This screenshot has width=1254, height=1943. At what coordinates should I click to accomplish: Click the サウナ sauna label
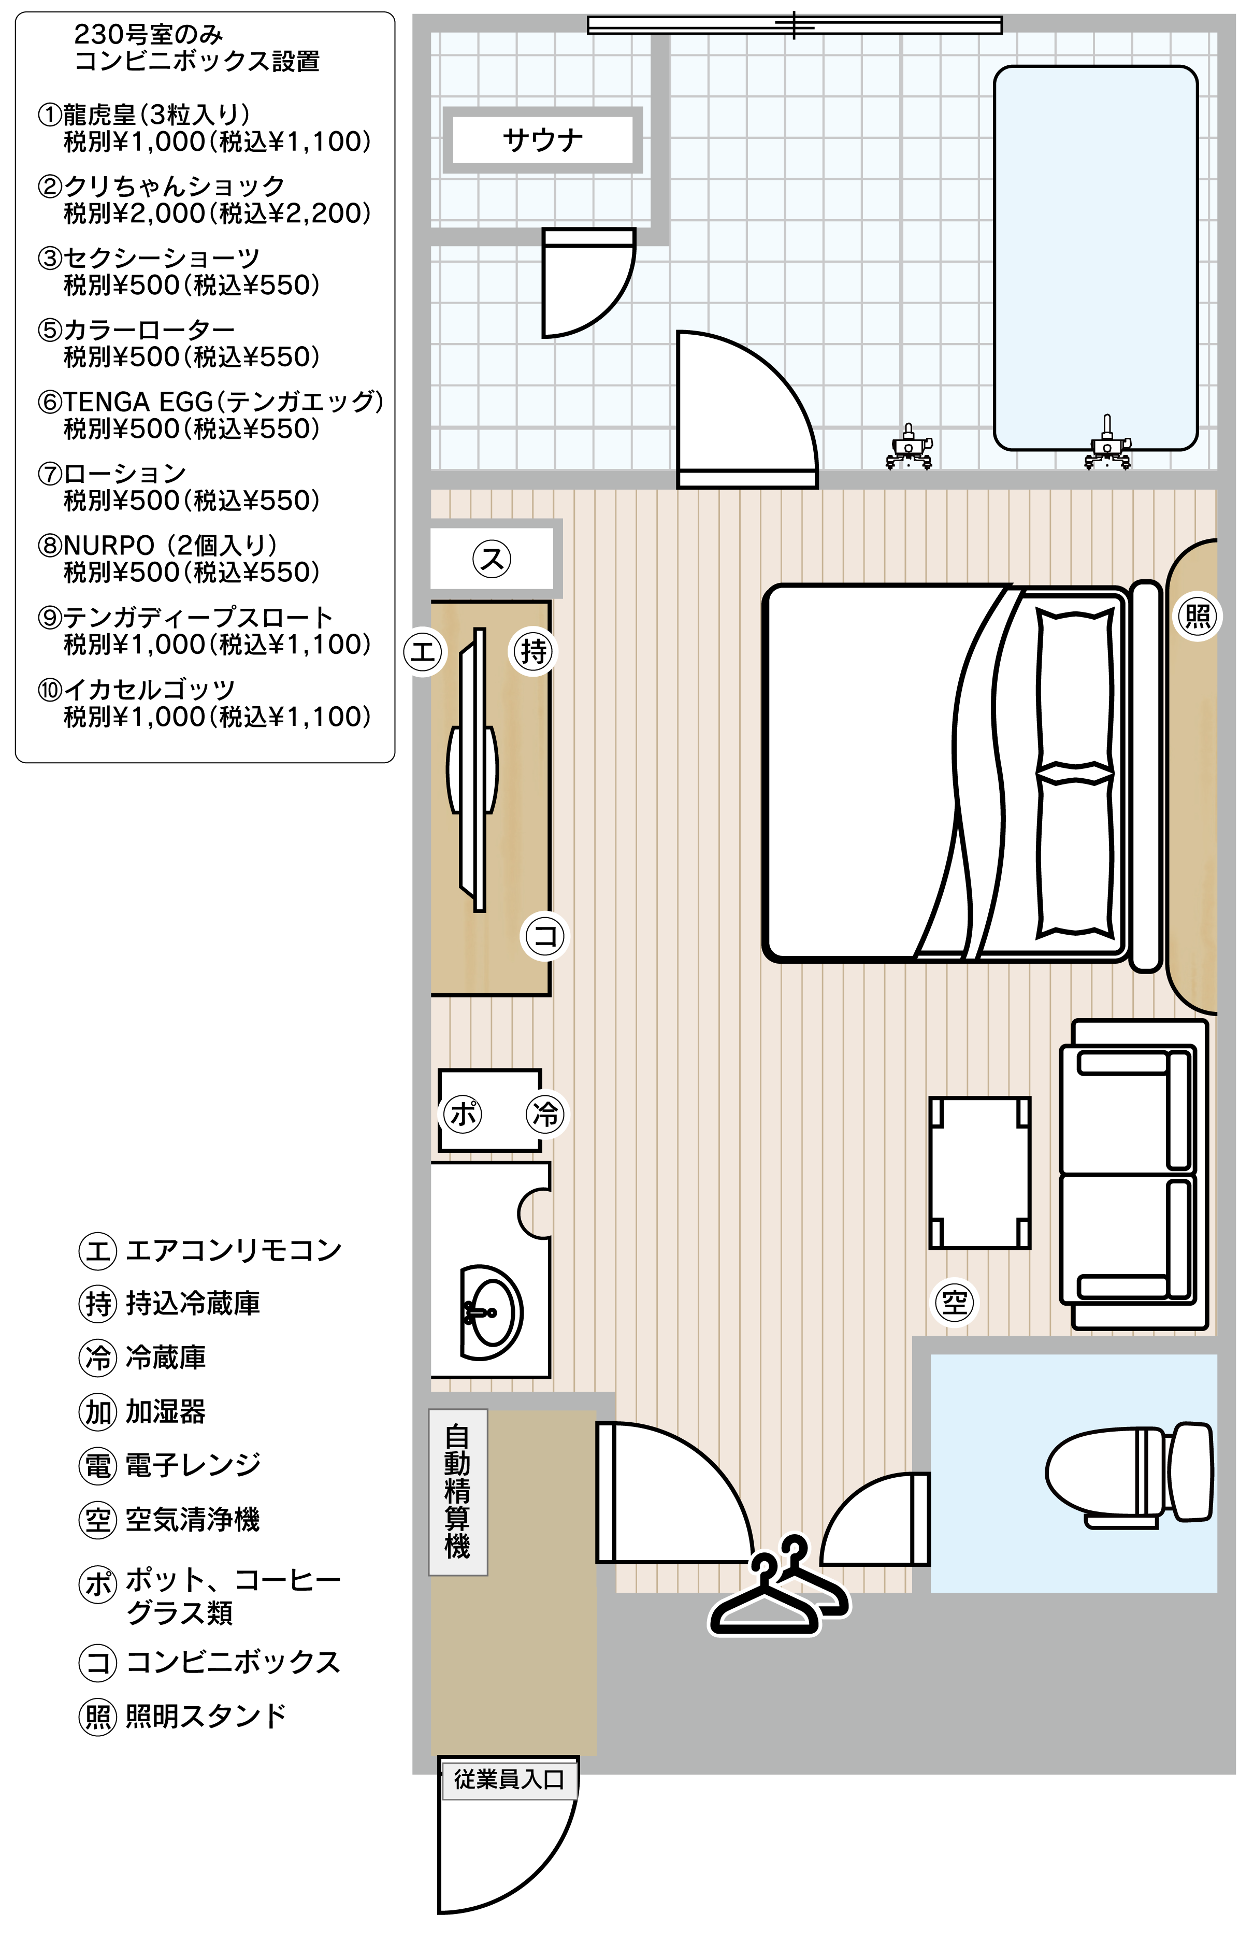(543, 140)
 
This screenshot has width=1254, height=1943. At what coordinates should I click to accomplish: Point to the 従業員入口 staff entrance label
(509, 1779)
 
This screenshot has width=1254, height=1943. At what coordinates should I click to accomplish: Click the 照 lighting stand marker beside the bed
(1198, 616)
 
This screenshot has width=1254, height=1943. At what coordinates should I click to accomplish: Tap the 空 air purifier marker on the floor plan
(954, 1303)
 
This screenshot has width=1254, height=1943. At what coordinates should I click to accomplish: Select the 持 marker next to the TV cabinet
(534, 651)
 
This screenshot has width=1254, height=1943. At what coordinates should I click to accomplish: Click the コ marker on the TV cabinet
(545, 936)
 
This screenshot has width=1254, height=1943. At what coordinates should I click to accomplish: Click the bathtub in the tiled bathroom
(1095, 258)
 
